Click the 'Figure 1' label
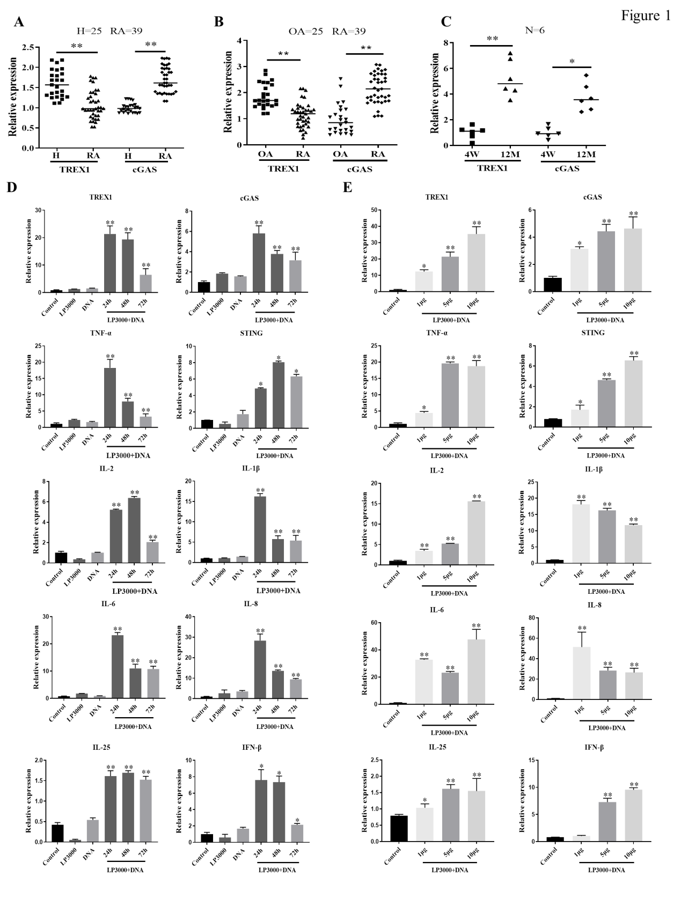point(646,16)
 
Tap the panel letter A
point(19,23)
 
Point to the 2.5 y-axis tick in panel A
point(29,48)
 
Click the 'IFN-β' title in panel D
point(252,747)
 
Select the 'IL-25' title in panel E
point(437,747)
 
